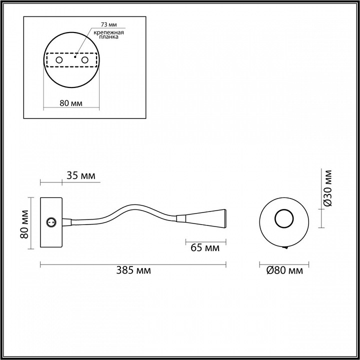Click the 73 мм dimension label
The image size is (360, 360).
coord(108,24)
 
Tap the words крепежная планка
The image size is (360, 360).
coord(107,35)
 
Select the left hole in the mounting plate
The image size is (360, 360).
coord(59,60)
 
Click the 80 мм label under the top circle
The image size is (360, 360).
coord(70,103)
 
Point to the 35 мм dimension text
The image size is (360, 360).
coord(80,175)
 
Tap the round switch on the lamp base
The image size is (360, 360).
coord(50,221)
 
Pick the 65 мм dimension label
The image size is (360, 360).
coord(205,247)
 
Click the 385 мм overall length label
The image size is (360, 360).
coord(133,270)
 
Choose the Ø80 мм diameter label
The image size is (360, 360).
coord(285,270)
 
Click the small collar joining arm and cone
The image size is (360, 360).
coord(181,218)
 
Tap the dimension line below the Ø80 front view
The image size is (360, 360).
coord(284,263)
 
